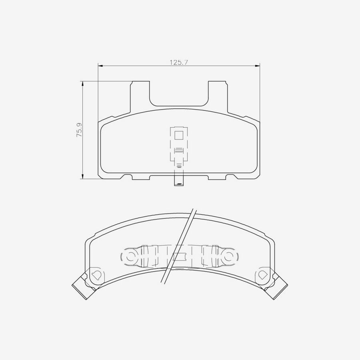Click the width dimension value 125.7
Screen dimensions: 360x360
pos(179,62)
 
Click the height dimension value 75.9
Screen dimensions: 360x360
pos(79,130)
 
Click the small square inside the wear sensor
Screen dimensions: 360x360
pos(179,135)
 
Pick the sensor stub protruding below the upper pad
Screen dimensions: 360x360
pos(178,181)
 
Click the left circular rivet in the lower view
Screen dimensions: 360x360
pos(130,256)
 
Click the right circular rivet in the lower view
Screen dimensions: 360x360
pos(229,256)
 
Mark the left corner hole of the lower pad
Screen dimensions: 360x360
pos(96,275)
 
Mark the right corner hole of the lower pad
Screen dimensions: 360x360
pos(263,275)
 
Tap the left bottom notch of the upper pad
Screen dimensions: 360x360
pos(127,177)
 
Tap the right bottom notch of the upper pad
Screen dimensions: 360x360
pos(231,177)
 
